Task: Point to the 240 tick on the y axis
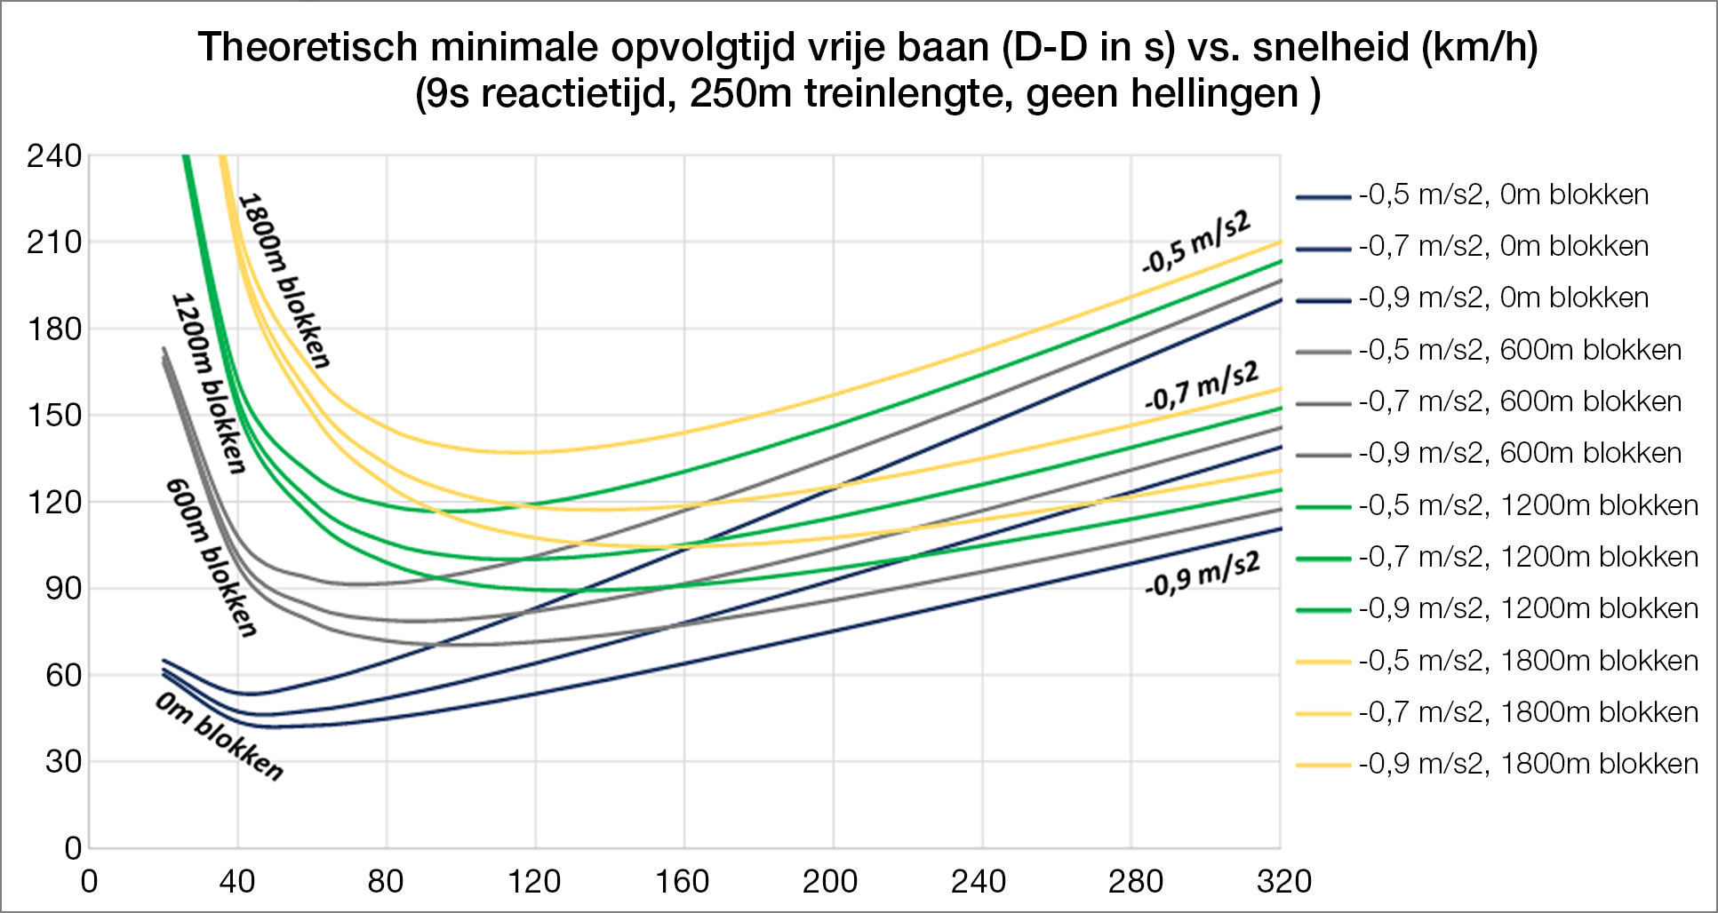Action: point(54,156)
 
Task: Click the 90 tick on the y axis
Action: point(62,588)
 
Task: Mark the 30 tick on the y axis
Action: point(62,761)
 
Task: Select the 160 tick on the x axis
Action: point(682,882)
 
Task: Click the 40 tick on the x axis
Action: point(236,882)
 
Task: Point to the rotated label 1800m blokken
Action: point(284,280)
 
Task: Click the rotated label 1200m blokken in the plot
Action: point(208,383)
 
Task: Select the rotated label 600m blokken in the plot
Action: point(212,558)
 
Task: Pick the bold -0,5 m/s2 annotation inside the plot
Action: point(1196,242)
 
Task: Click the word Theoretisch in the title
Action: point(308,48)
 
